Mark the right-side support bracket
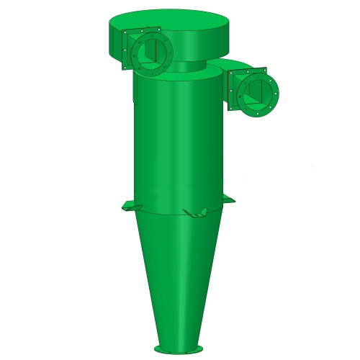(228, 199)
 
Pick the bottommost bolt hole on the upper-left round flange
(152, 71)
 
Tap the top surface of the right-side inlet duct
(238, 66)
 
